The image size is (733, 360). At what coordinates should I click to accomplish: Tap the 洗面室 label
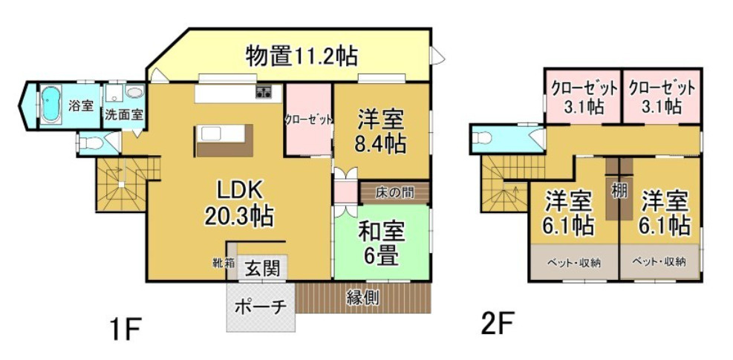[124, 116]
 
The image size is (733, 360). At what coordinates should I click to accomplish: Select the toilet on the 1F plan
[88, 142]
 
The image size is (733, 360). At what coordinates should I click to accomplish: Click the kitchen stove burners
[264, 93]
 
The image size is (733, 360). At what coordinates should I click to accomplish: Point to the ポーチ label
[261, 306]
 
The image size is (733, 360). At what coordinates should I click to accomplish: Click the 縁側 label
[363, 297]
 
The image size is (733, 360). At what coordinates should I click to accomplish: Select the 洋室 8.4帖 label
[380, 131]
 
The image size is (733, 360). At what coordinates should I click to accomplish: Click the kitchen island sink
[211, 133]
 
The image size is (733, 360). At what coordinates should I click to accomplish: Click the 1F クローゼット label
[307, 119]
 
